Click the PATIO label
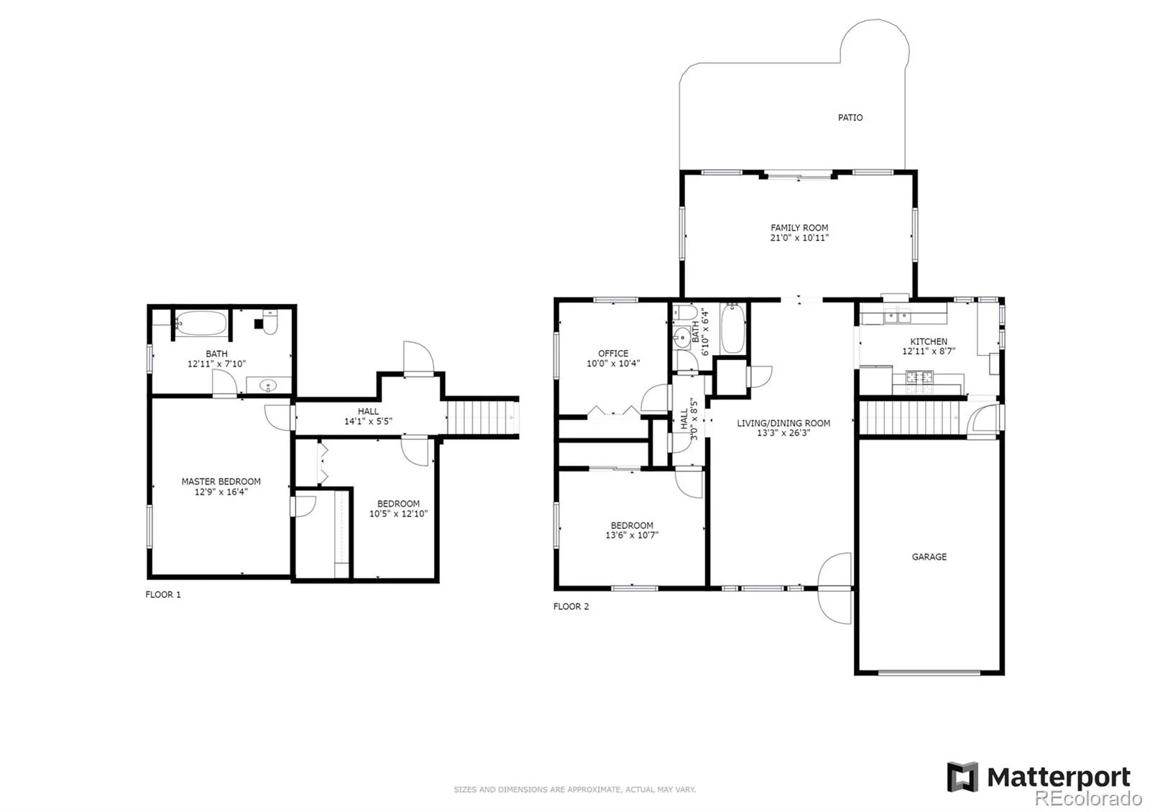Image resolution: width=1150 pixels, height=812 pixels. click(850, 118)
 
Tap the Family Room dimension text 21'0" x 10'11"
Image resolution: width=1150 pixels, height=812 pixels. click(799, 238)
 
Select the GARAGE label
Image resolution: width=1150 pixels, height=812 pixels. click(929, 557)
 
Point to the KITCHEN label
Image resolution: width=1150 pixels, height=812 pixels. click(929, 341)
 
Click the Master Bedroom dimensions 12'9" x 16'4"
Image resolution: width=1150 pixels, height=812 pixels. click(221, 492)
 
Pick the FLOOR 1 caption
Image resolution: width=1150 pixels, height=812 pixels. click(163, 594)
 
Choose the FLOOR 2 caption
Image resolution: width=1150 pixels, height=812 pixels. click(571, 606)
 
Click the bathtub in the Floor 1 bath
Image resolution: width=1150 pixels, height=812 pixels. click(201, 323)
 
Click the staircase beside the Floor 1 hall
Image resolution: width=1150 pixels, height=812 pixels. click(482, 417)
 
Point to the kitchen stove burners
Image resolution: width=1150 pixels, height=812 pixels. click(919, 377)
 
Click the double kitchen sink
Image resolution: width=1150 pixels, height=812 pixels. click(897, 316)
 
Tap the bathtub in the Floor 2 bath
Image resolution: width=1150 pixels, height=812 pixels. click(732, 328)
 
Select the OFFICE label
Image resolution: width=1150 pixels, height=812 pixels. click(613, 354)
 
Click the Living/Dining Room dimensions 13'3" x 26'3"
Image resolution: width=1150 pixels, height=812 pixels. click(783, 433)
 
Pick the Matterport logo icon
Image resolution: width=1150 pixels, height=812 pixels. click(962, 777)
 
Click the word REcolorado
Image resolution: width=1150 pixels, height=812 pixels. click(1088, 798)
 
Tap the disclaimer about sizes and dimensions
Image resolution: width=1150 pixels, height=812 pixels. click(575, 790)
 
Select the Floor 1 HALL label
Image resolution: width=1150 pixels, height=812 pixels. click(368, 412)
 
